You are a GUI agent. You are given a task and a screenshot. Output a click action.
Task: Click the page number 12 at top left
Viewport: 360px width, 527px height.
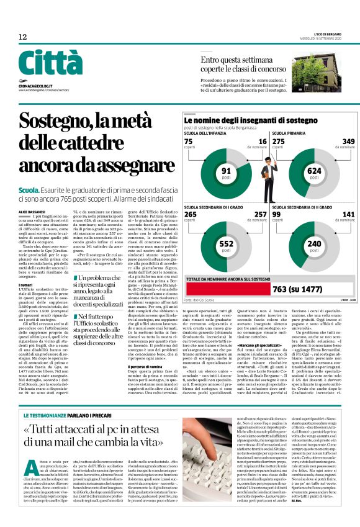click(x=22, y=37)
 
